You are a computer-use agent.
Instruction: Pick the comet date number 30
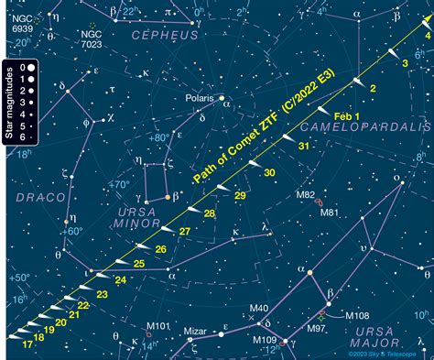pos(267,172)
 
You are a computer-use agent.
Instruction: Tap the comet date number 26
pos(160,248)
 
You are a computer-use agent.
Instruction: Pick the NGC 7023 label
pos(92,38)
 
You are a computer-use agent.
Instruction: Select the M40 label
pos(259,308)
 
